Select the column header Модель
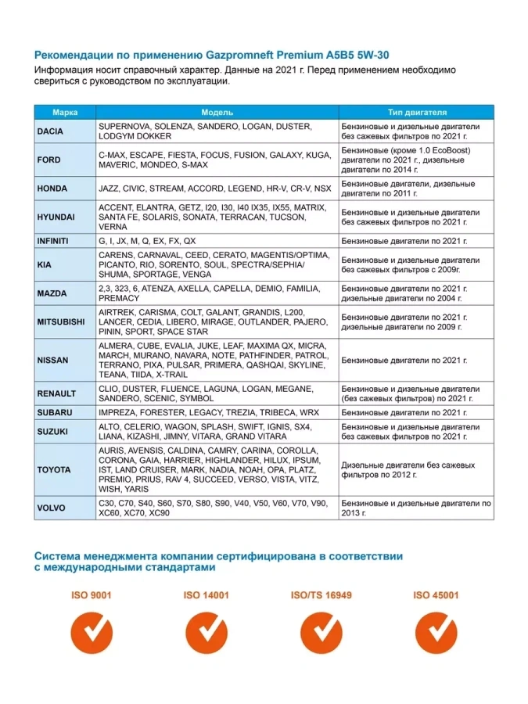217,113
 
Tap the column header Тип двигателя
417,113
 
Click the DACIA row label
50,131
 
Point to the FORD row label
48,160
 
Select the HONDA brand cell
52,189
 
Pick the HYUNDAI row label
56,217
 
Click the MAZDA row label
52,293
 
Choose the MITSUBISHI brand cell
61,321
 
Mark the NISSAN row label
52,360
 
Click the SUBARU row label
55,412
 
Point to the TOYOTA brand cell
54,469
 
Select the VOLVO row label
51,507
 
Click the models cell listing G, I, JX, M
217,241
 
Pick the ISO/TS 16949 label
321,595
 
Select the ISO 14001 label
207,595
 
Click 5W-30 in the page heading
368,56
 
